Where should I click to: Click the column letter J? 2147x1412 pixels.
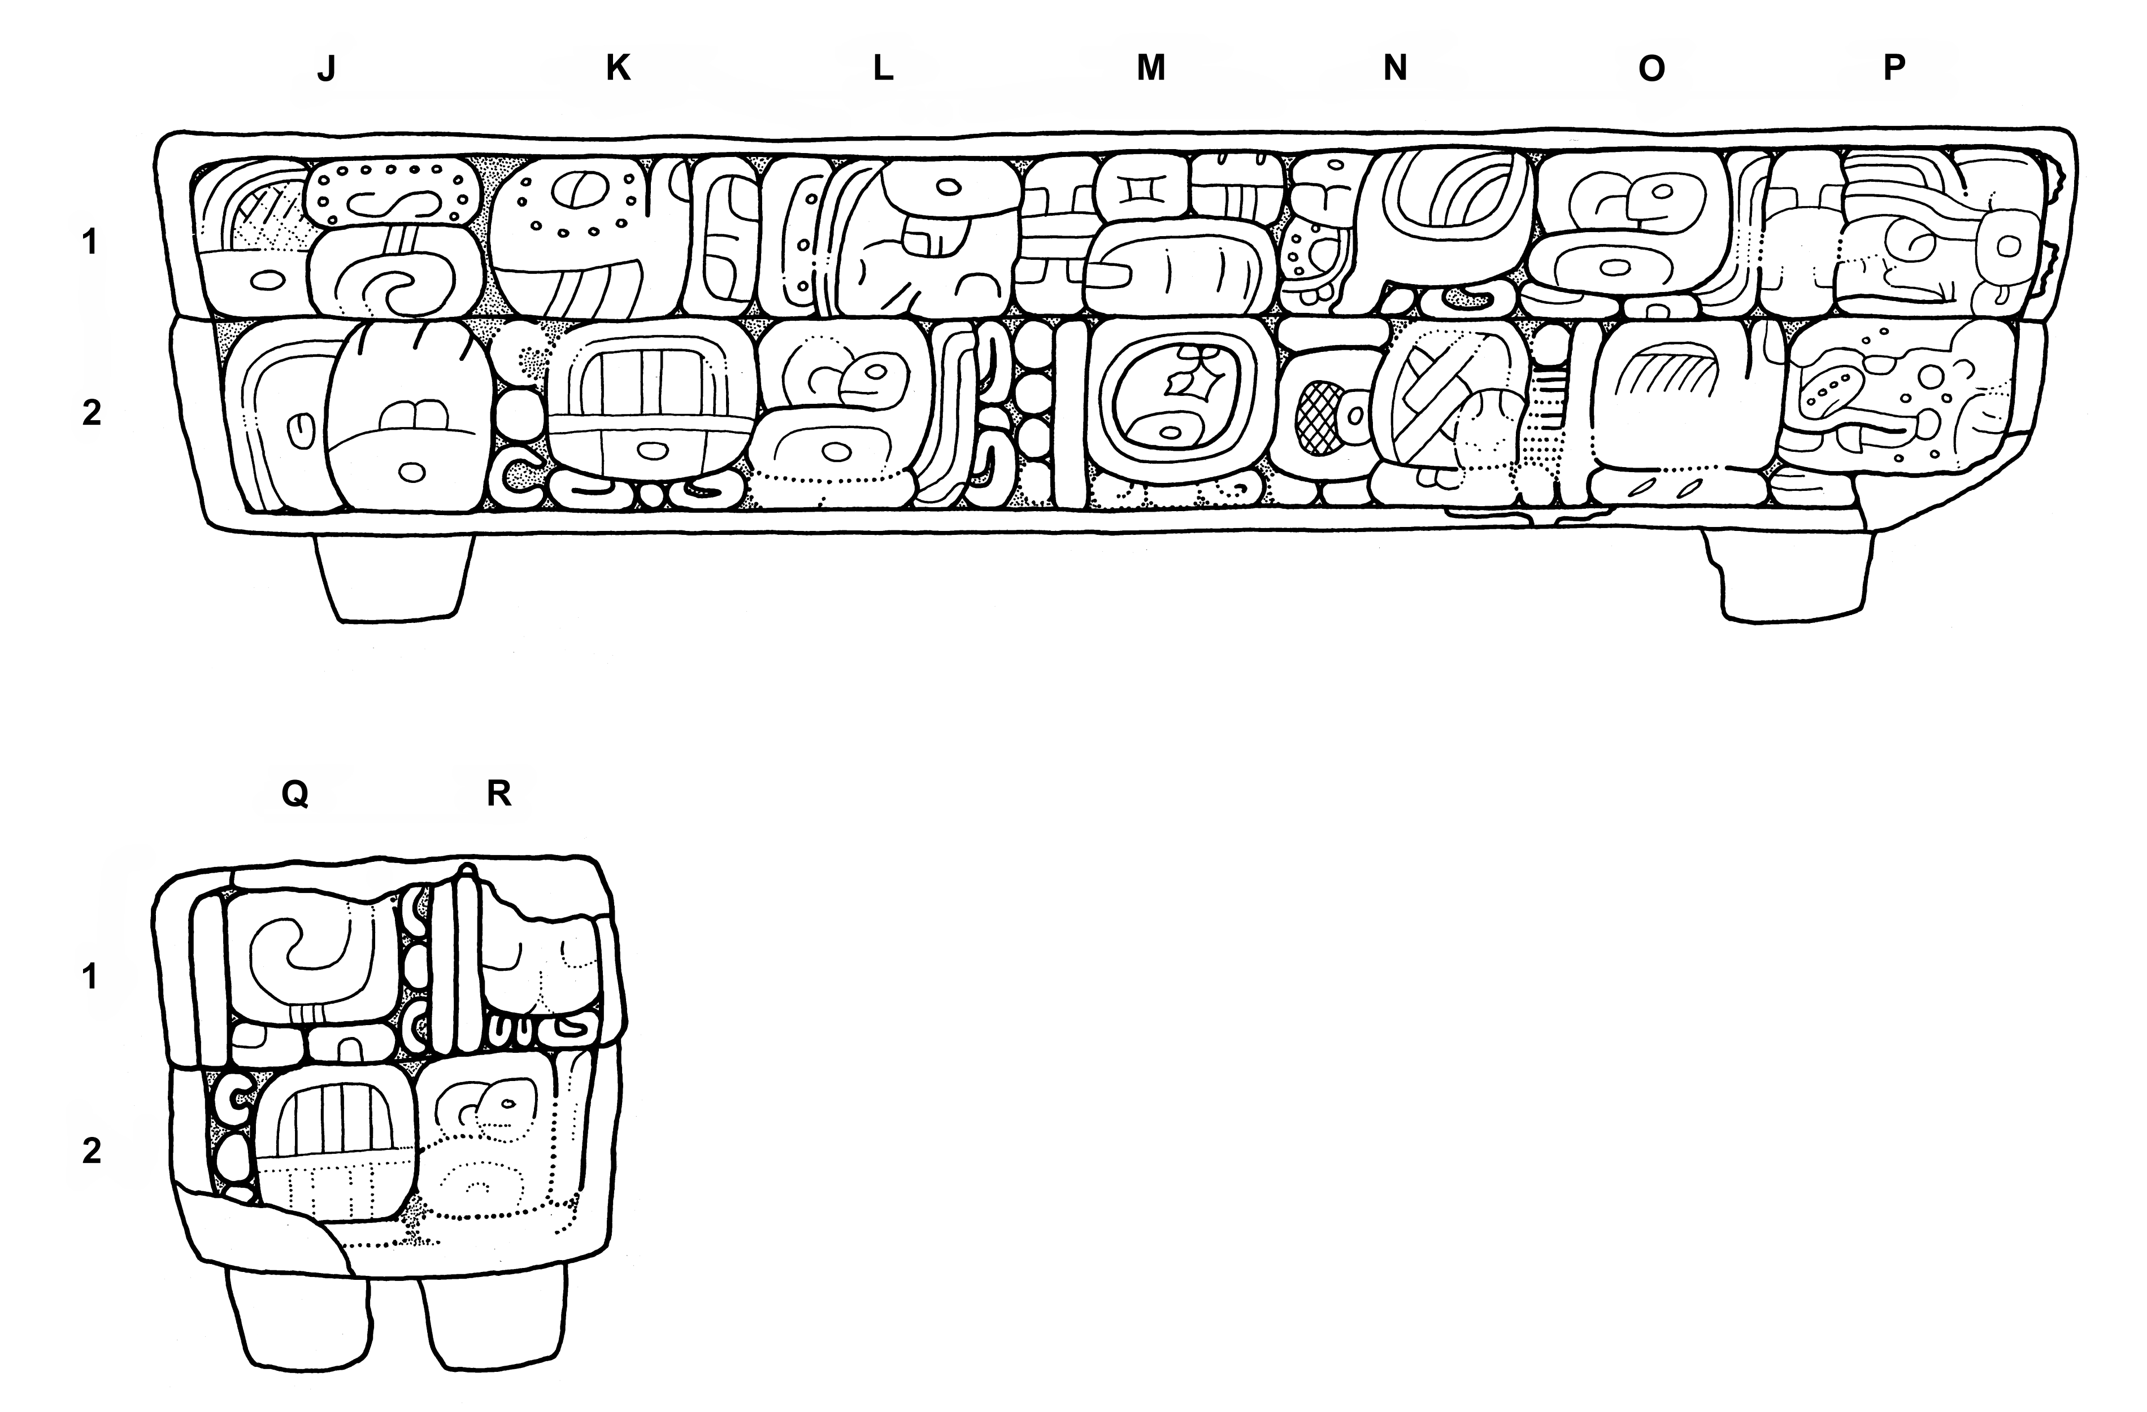pyautogui.click(x=327, y=69)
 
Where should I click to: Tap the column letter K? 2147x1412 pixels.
pyautogui.click(x=618, y=68)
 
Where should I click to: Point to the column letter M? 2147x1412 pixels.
pyautogui.click(x=1150, y=68)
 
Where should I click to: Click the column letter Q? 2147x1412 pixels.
pyautogui.click(x=295, y=794)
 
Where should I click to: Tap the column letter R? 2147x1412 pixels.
pyautogui.click(x=499, y=794)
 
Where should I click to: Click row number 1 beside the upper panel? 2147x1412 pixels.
pyautogui.click(x=89, y=242)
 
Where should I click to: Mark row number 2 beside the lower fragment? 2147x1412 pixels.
pyautogui.click(x=91, y=1152)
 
